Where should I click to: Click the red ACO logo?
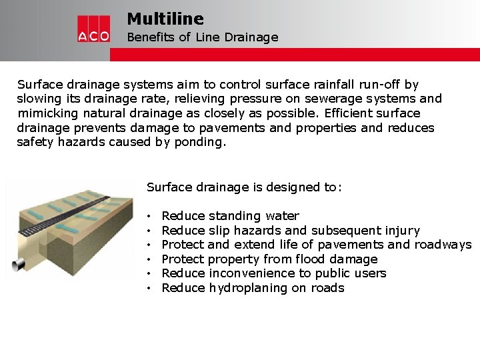click(93, 29)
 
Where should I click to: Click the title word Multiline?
click(165, 19)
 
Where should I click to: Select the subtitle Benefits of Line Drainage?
click(202, 37)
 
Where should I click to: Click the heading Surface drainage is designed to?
click(244, 187)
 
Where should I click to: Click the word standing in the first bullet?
click(233, 216)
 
